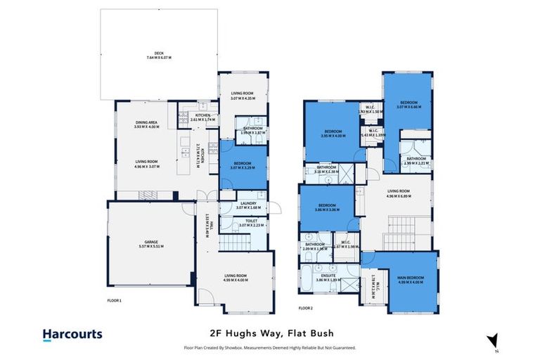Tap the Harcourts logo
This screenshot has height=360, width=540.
coord(72,335)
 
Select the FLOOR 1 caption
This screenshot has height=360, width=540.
coord(115,300)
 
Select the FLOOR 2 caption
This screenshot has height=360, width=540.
coord(305,308)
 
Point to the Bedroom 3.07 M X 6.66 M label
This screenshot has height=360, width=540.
coord(409,105)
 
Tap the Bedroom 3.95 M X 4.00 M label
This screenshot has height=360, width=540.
coord(332,134)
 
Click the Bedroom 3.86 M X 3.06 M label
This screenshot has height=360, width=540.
coord(327,207)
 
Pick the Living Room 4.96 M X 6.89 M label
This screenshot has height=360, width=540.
coord(399,193)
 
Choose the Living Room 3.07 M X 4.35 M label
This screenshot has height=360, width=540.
coord(242,96)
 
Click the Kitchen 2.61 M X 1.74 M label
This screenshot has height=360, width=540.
coord(202,117)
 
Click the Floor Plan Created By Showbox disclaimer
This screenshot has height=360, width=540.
coord(270,347)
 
